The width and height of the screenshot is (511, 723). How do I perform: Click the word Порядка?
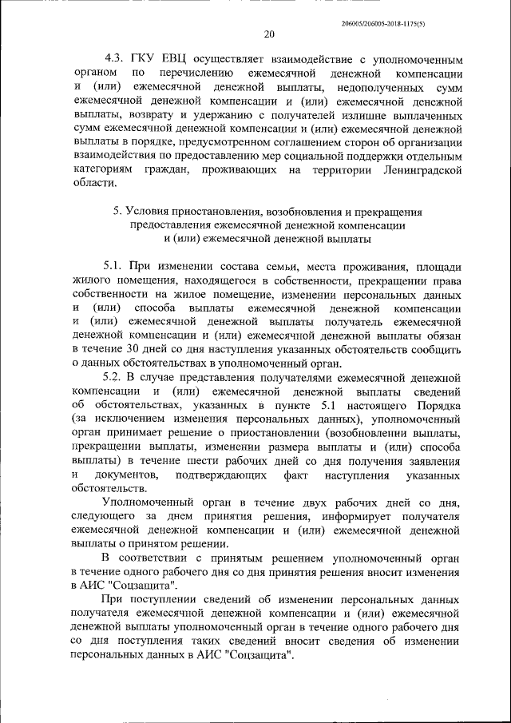(438, 405)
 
